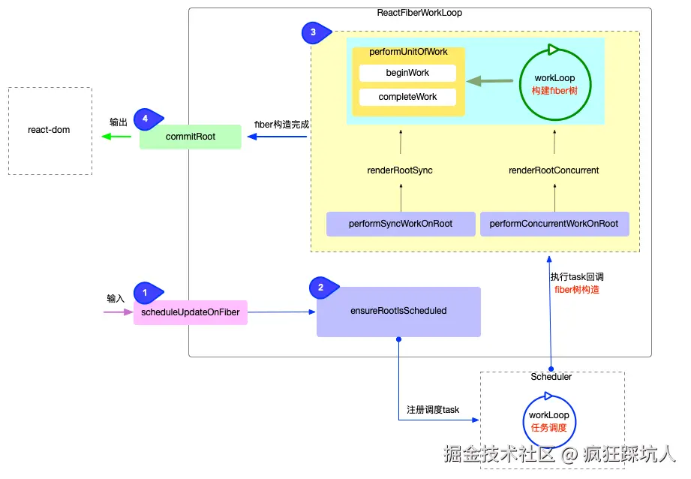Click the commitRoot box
191,137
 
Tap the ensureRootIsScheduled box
398,311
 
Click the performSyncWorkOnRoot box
401,224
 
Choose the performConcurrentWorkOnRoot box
554,224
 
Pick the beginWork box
407,73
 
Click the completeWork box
407,97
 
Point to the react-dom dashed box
50,131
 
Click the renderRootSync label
400,170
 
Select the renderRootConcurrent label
554,170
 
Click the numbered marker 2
321,287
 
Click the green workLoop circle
554,83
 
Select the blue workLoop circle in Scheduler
548,421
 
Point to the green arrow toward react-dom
116,137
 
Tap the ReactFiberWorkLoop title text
419,14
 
